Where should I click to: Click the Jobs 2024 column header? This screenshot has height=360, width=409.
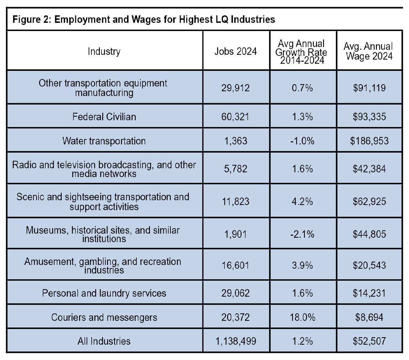click(236, 51)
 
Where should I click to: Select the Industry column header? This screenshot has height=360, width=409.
click(104, 51)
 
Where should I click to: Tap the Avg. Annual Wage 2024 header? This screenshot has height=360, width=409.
click(369, 51)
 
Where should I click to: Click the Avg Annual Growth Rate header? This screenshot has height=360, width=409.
click(301, 52)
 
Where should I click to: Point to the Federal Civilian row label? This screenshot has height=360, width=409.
click(104, 117)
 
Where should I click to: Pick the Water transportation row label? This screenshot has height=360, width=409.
click(104, 141)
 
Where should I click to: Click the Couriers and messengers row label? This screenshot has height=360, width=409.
click(104, 317)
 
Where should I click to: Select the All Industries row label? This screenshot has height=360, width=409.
click(104, 341)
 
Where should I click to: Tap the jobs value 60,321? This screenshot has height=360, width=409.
click(236, 117)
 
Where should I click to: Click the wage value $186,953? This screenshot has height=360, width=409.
click(369, 141)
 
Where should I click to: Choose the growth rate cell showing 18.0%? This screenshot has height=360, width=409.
click(302, 317)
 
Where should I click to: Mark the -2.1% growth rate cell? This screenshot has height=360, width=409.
click(302, 234)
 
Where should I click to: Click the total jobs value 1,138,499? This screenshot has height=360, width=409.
click(236, 341)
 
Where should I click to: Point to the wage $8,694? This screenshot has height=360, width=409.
click(369, 317)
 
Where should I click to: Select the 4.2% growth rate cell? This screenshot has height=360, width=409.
click(302, 201)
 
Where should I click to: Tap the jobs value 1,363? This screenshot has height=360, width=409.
click(236, 141)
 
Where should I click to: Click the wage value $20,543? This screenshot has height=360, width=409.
click(369, 265)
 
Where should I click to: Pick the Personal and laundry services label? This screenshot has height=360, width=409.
click(104, 293)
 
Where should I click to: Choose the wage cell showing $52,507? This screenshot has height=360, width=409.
click(369, 341)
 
